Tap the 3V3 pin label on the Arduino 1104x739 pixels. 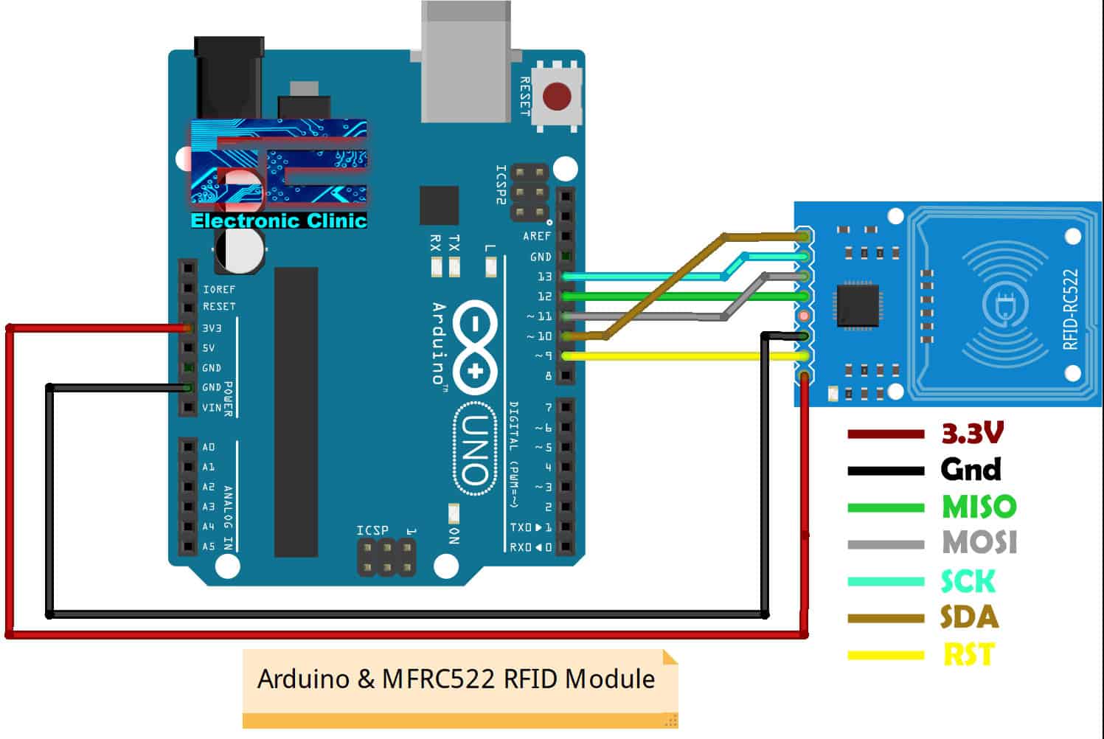(x=212, y=327)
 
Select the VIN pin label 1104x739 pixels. (x=212, y=407)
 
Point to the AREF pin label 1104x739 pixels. (x=537, y=236)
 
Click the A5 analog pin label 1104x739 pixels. (x=209, y=547)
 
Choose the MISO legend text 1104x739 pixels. (x=979, y=507)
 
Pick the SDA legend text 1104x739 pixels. (x=969, y=617)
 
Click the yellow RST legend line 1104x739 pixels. (x=885, y=655)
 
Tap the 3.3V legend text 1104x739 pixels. (x=972, y=434)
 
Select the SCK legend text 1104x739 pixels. (x=968, y=581)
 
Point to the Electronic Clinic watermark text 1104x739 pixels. (x=279, y=221)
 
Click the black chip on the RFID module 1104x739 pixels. (x=858, y=305)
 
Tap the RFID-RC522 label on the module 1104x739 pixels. (x=1071, y=309)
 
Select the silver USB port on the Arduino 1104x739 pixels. (x=465, y=63)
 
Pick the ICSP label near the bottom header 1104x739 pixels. (x=372, y=530)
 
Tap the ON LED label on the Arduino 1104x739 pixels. (x=454, y=536)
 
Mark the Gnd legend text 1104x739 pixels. (x=971, y=469)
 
